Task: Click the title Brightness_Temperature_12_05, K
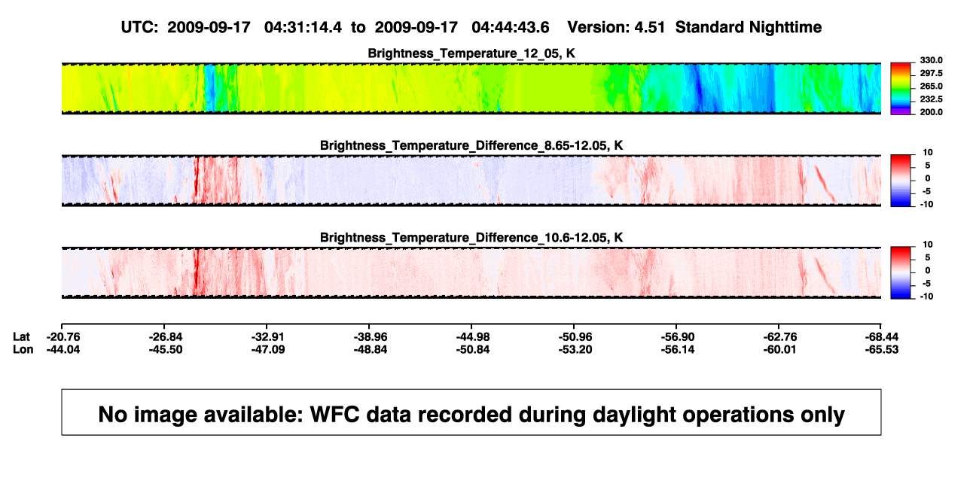coord(471,53)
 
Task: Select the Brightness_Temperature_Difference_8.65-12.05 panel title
coord(471,145)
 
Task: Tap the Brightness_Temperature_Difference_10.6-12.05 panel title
coord(471,238)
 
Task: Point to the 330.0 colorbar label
coord(931,60)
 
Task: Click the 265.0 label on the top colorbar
coord(931,86)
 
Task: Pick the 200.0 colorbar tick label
coord(931,112)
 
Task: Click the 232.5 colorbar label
coord(931,99)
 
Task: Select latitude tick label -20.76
coord(63,337)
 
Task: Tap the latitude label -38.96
coord(371,337)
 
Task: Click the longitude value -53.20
coord(575,349)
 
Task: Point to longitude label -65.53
coord(882,349)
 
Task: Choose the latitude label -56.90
coord(678,337)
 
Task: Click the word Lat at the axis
coord(21,337)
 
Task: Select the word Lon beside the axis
coord(23,349)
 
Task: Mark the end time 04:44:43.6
coord(511,27)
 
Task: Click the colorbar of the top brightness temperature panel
coord(901,89)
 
